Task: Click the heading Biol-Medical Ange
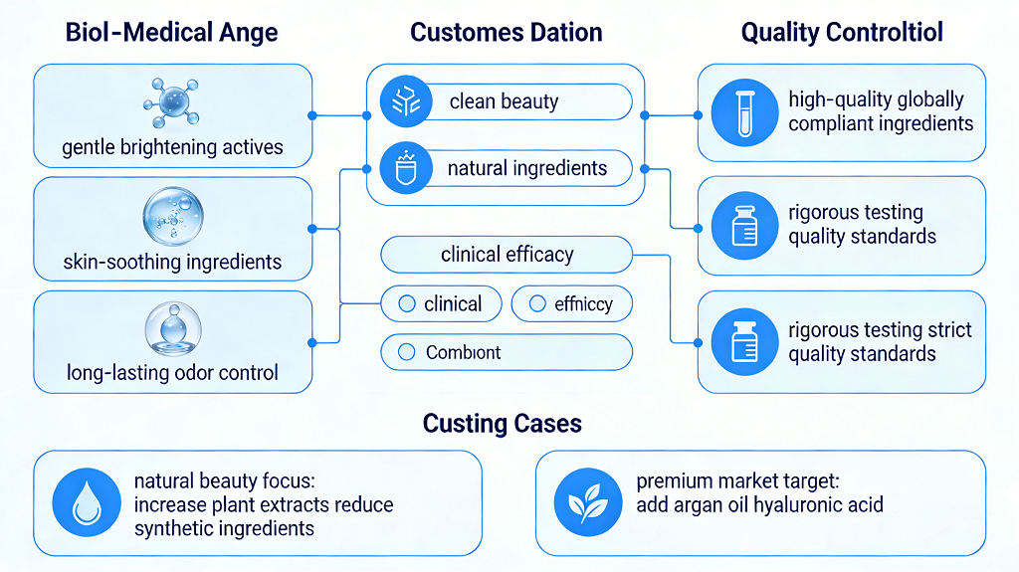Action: [171, 32]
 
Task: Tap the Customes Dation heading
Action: [507, 32]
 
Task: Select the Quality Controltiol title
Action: [842, 32]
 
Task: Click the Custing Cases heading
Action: [503, 423]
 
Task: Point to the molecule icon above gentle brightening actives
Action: [172, 102]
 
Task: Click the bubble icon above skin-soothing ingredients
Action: [172, 217]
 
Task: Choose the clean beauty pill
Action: [507, 101]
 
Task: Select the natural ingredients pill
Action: [507, 168]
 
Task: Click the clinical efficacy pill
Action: [507, 255]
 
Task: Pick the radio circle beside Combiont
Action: [406, 352]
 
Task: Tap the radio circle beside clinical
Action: [406, 304]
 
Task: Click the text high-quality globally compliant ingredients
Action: [881, 111]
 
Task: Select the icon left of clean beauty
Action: [406, 101]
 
